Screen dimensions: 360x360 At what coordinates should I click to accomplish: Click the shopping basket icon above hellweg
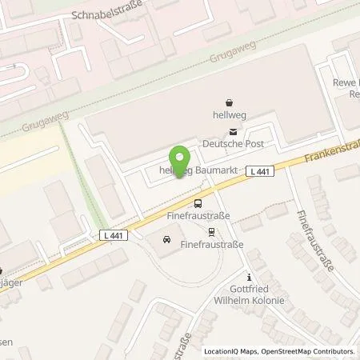click(x=230, y=102)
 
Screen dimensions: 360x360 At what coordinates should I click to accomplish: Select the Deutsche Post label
click(x=233, y=144)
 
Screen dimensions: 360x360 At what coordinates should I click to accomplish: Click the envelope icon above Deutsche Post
click(x=233, y=132)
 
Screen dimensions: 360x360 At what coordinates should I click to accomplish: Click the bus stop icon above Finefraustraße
click(x=198, y=203)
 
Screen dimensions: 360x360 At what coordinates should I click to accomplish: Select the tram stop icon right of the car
click(x=211, y=233)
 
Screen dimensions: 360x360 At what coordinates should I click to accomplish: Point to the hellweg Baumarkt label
click(x=192, y=170)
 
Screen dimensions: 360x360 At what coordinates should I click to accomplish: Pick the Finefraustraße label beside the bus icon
click(x=197, y=216)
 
